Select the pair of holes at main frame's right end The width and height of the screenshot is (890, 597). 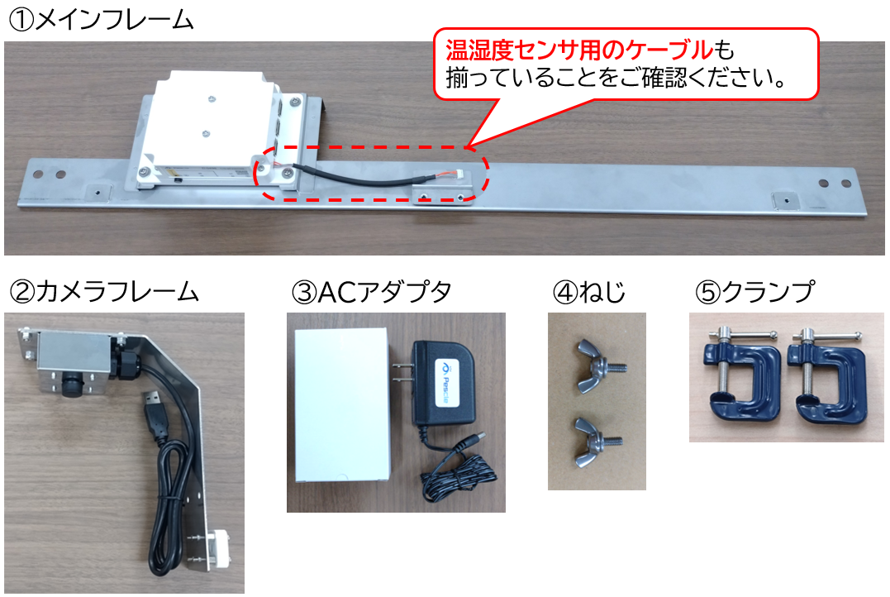828,183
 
